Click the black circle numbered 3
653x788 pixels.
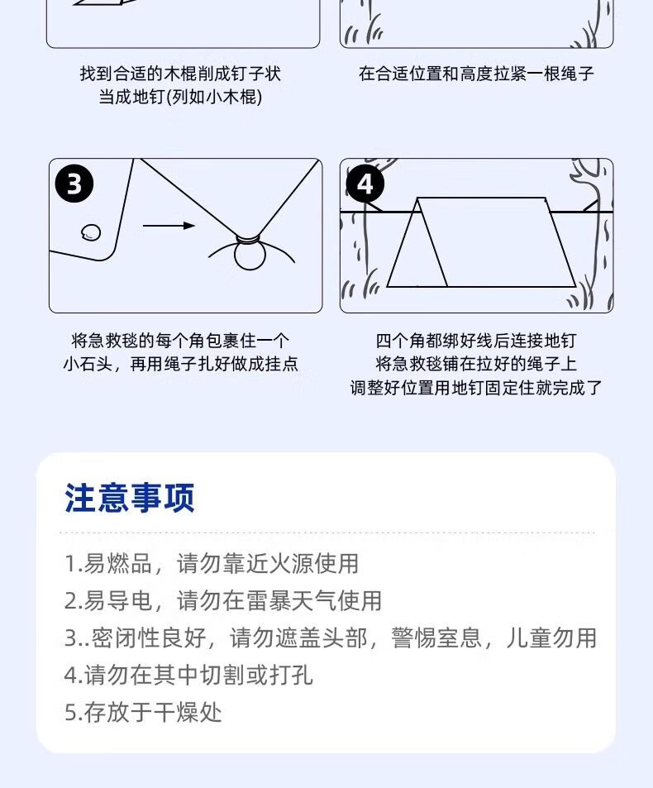[x=74, y=184]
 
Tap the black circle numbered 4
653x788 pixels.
[x=365, y=184]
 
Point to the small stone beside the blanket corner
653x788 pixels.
[x=92, y=232]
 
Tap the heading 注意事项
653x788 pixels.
[x=130, y=499]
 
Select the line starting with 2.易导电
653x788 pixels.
[x=223, y=600]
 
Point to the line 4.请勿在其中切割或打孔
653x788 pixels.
[x=189, y=675]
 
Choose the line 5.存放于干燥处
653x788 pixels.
[x=144, y=712]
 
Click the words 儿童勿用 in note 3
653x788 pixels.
[x=551, y=638]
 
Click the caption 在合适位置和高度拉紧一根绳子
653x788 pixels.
[x=476, y=74]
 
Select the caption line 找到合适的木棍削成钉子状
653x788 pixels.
[x=180, y=74]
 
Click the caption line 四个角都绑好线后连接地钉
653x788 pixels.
[x=476, y=341]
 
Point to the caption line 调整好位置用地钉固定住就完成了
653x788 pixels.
[x=476, y=387]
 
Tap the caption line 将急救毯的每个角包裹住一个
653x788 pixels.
[x=180, y=341]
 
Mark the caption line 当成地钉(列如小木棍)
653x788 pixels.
[x=180, y=97]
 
